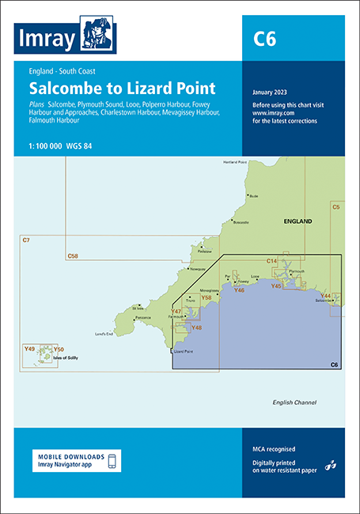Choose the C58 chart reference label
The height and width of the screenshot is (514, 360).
74,255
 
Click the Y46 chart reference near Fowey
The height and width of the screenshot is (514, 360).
239,290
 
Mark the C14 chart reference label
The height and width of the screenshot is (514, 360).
271,261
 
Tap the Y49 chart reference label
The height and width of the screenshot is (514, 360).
30,349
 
